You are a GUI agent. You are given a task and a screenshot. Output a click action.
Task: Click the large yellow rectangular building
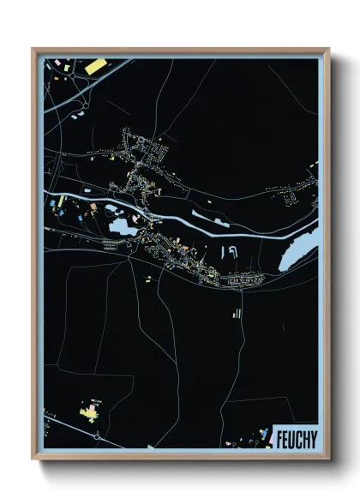[94, 65]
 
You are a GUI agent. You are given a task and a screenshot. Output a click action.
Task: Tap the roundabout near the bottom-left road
[97, 437]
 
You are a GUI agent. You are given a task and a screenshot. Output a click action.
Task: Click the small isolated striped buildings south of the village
[233, 315]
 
